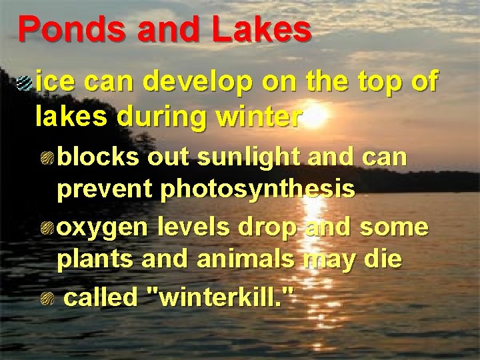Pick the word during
165,117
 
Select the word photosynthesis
258,190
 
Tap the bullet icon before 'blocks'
49,157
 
